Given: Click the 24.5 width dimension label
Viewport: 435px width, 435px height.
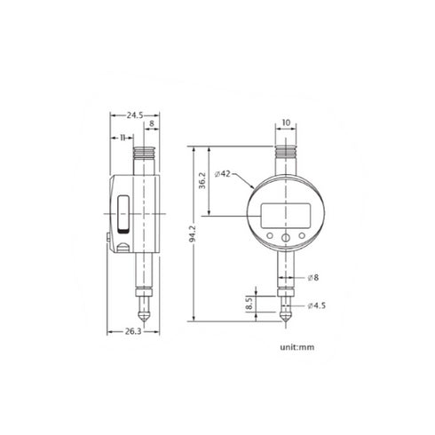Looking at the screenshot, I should tap(134, 115).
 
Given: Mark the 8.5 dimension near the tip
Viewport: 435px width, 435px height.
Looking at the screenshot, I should tap(251, 304).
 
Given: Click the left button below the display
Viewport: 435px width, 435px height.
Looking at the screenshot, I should tap(269, 235).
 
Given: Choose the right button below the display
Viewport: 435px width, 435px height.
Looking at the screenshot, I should tap(302, 235).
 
